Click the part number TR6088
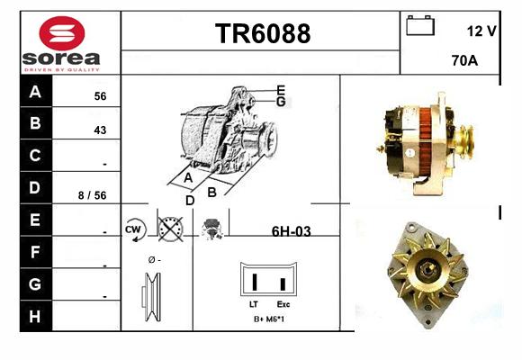click(263, 33)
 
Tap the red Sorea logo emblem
click(62, 33)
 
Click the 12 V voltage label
click(481, 31)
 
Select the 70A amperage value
click(464, 60)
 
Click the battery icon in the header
click(420, 25)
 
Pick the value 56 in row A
click(100, 96)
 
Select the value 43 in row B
click(100, 130)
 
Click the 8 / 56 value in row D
click(92, 195)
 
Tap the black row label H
click(35, 316)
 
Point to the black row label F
click(35, 252)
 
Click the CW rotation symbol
click(134, 229)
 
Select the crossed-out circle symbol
click(170, 229)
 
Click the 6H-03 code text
click(292, 231)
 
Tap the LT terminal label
click(254, 304)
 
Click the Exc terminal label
click(283, 304)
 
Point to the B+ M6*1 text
click(269, 319)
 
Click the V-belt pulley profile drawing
click(151, 297)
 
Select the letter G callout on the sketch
click(281, 102)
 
